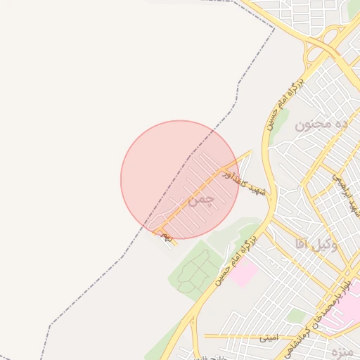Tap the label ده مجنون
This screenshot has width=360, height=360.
click(321, 124)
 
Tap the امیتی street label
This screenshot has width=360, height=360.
click(268, 337)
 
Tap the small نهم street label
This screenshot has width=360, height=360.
click(167, 238)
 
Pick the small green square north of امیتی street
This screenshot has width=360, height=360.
click(295, 316)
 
